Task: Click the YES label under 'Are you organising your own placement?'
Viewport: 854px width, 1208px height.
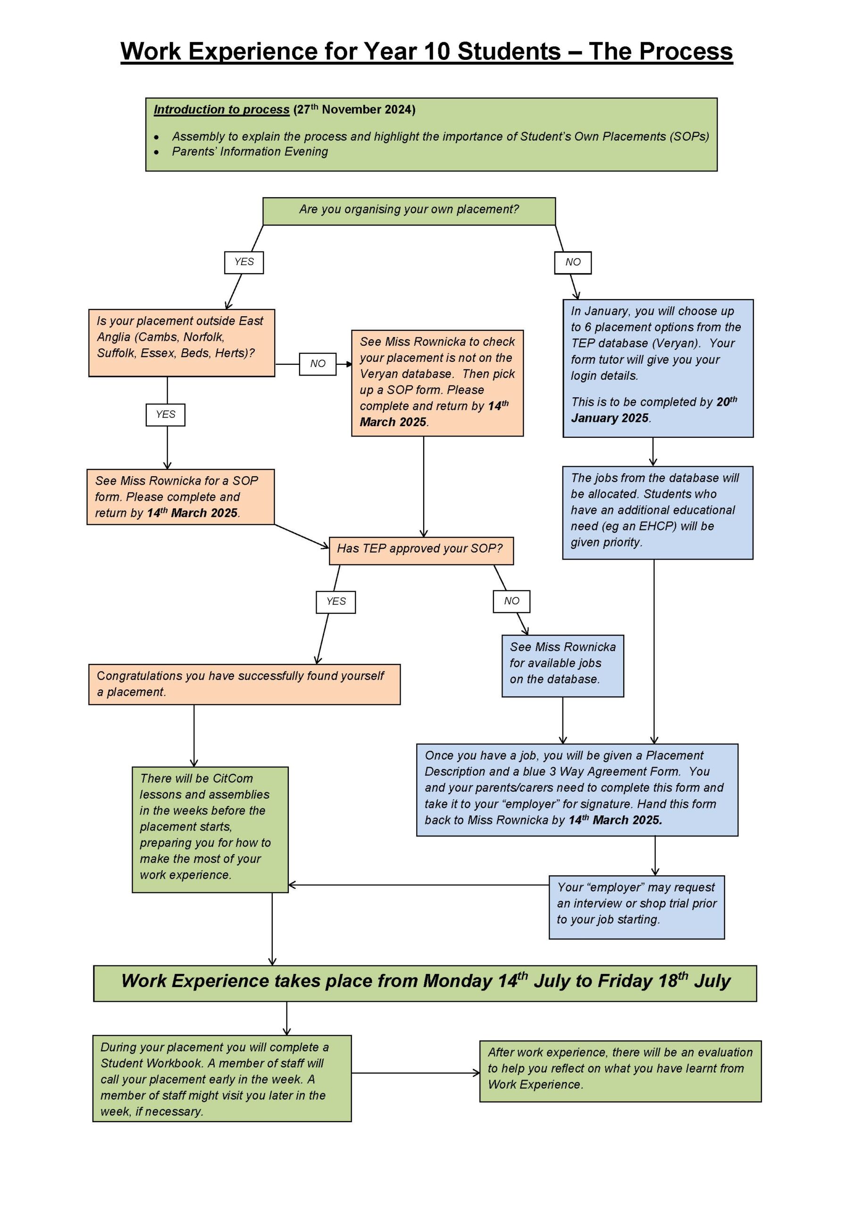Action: pos(243,262)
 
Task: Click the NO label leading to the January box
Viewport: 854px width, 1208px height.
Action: pos(572,262)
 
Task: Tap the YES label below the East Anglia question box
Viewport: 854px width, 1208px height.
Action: pos(165,415)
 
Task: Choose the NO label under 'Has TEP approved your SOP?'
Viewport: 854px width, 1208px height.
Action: pos(511,601)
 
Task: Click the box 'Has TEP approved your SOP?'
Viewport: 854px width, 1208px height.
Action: pos(421,550)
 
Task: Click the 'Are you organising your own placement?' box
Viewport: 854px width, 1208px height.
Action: pos(409,211)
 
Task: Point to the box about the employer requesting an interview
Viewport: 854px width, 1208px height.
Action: pos(636,907)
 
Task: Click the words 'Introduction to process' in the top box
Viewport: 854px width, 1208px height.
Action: pos(222,109)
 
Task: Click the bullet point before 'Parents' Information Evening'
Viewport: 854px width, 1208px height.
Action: pos(156,152)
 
